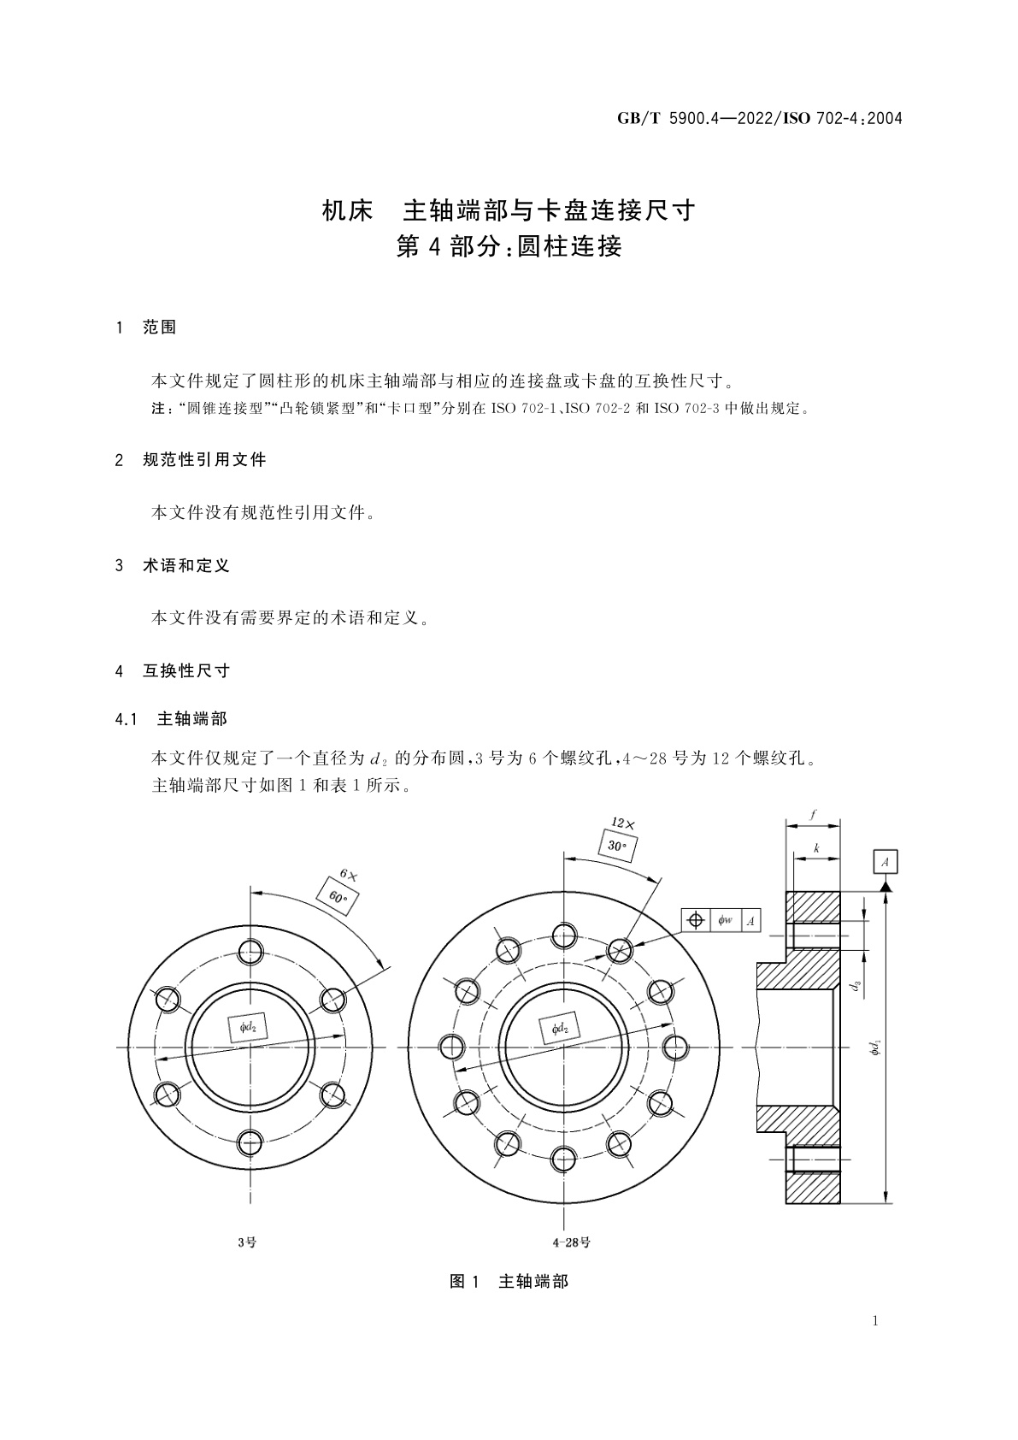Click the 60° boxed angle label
pos(337,897)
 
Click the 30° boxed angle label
pos(616,846)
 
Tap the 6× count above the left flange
pos(349,875)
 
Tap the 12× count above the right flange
pos(623,823)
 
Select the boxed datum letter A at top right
pos(885,861)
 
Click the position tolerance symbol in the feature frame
pos(696,920)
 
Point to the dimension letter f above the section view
pos(812,816)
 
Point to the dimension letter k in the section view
pos(816,848)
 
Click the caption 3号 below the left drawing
pos(247,1242)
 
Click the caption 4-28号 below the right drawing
pos(572,1242)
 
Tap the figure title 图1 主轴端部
pos(509,1281)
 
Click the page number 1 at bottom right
pos(875,1321)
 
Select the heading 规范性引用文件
pos(204,460)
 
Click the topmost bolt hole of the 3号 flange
pos(250,952)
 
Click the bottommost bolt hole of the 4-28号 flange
pos(563,1160)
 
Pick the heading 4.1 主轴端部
pos(172,719)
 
